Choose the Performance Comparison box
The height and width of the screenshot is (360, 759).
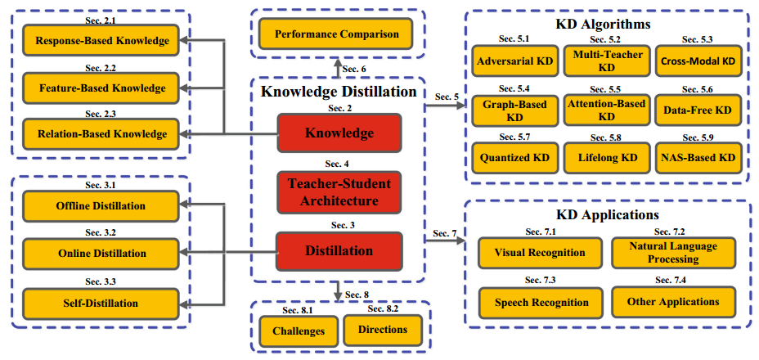pyautogui.click(x=337, y=34)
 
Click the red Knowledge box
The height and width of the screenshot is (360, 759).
pyautogui.click(x=339, y=133)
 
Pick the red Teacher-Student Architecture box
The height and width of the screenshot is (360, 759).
pyautogui.click(x=339, y=191)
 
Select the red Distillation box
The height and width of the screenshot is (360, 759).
pyautogui.click(x=339, y=250)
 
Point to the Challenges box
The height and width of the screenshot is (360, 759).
pyautogui.click(x=297, y=331)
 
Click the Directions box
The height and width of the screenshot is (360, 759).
pyautogui.click(x=383, y=329)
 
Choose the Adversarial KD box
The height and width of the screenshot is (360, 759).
pyautogui.click(x=513, y=61)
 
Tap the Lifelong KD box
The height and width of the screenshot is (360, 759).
pyautogui.click(x=605, y=156)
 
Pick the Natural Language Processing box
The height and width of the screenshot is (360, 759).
pyautogui.click(x=675, y=252)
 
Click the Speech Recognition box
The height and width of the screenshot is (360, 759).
pyautogui.click(x=541, y=302)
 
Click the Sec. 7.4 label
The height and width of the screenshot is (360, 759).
pyautogui.click(x=674, y=281)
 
